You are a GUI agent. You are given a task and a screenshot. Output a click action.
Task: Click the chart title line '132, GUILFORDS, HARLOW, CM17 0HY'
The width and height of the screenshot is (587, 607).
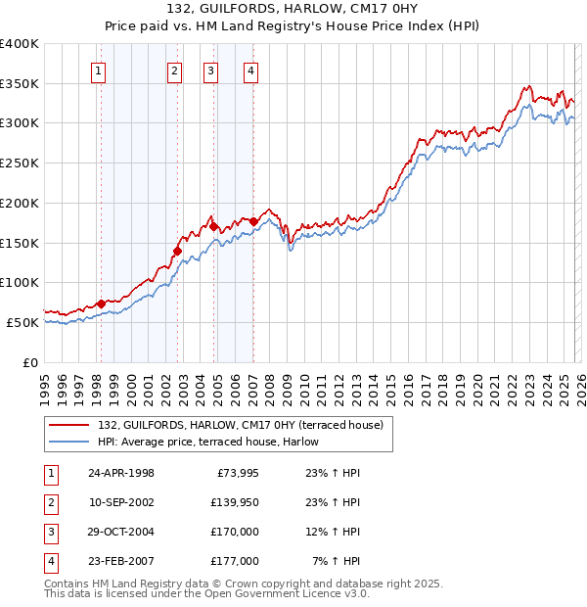coord(293,11)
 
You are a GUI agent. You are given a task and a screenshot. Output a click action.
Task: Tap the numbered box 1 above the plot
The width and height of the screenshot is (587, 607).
coord(101,70)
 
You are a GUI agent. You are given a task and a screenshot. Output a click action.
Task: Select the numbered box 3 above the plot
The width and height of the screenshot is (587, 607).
coord(210,70)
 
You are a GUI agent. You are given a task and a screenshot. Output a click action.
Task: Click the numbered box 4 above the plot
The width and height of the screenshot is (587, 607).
coord(251,70)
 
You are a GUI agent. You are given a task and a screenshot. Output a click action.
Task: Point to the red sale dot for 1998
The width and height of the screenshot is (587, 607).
coord(101,303)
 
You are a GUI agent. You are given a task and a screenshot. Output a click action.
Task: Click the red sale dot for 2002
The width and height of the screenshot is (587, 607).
coord(177,251)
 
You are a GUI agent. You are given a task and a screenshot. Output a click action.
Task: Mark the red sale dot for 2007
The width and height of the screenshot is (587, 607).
coord(253,221)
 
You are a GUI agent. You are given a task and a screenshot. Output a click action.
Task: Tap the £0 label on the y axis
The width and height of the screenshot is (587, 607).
coord(30,361)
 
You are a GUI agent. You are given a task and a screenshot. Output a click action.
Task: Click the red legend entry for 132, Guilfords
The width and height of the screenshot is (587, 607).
coord(245,424)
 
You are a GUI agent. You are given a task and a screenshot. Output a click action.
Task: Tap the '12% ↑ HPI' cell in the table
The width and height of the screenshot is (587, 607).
coord(333,532)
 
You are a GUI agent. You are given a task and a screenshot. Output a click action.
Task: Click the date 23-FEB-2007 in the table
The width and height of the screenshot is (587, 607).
coord(120,561)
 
